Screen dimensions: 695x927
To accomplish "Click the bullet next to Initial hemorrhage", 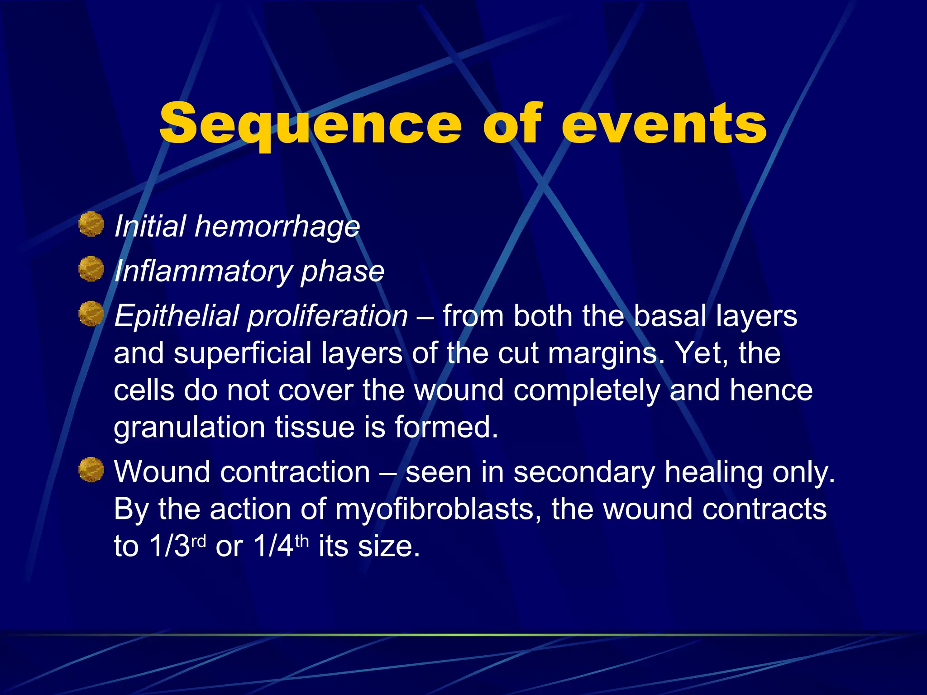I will (91, 224).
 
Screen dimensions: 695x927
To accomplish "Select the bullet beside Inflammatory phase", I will (91, 269).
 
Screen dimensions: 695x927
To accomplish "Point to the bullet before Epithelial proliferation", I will (91, 314).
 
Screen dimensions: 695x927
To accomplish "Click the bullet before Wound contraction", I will (91, 470).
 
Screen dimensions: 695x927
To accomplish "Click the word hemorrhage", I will (277, 226).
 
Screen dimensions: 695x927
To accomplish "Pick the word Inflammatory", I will (202, 271).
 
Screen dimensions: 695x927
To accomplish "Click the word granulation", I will (189, 428).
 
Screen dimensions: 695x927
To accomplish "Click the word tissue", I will (315, 428).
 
